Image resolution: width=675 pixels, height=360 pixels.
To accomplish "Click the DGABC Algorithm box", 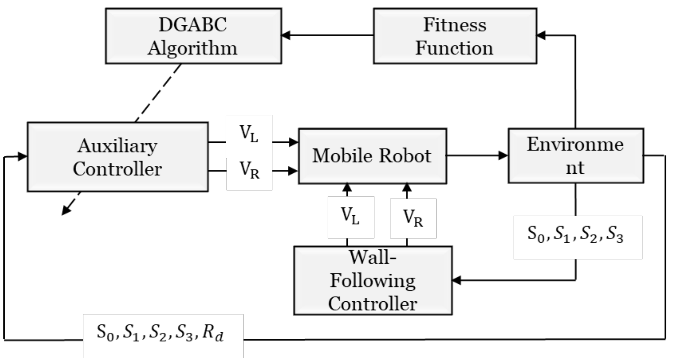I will [193, 36].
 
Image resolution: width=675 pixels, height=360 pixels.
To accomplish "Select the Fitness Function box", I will [455, 36].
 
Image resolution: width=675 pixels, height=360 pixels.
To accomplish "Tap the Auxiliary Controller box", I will [117, 157].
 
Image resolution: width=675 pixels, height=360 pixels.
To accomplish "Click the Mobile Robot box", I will [372, 156].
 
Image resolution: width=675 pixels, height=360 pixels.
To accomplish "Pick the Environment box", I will [575, 156].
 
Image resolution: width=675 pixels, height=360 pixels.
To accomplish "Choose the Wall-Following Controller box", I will [373, 281].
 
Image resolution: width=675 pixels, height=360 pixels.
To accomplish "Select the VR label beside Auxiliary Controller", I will [249, 170].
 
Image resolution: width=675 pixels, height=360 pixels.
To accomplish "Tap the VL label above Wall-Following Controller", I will [350, 217].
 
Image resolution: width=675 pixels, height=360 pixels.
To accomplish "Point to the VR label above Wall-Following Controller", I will [413, 218].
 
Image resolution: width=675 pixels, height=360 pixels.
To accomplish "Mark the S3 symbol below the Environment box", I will [615, 235].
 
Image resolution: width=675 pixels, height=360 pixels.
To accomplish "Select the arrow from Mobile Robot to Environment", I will [477, 155].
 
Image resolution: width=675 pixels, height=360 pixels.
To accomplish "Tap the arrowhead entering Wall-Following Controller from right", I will [457, 281].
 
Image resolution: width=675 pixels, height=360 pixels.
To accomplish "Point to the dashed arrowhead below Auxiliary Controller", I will [66, 211].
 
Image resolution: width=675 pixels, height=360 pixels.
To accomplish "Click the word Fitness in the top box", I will [455, 25].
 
